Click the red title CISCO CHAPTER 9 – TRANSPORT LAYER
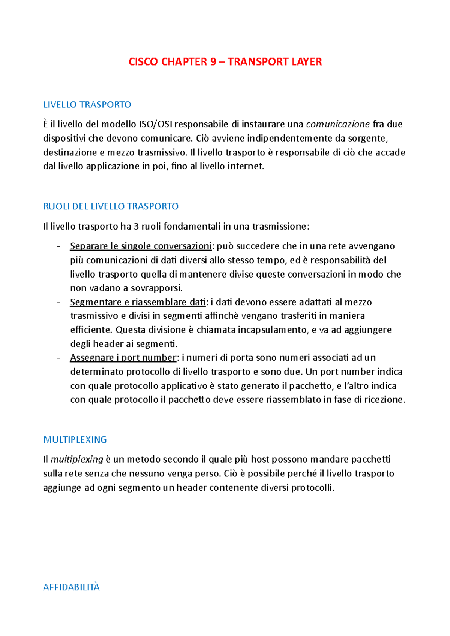click(x=225, y=62)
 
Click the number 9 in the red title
click(x=213, y=62)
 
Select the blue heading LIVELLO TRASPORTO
click(x=87, y=105)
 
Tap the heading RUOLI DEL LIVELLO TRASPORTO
click(x=111, y=206)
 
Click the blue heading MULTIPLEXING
click(x=75, y=440)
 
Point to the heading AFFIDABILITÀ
click(x=71, y=587)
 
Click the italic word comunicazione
click(x=338, y=124)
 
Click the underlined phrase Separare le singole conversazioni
click(x=141, y=246)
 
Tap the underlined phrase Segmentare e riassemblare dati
click(x=138, y=302)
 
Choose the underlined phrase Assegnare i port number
click(x=123, y=358)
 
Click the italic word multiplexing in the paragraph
click(x=77, y=460)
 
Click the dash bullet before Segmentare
click(x=58, y=302)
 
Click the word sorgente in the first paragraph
click(x=367, y=139)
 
